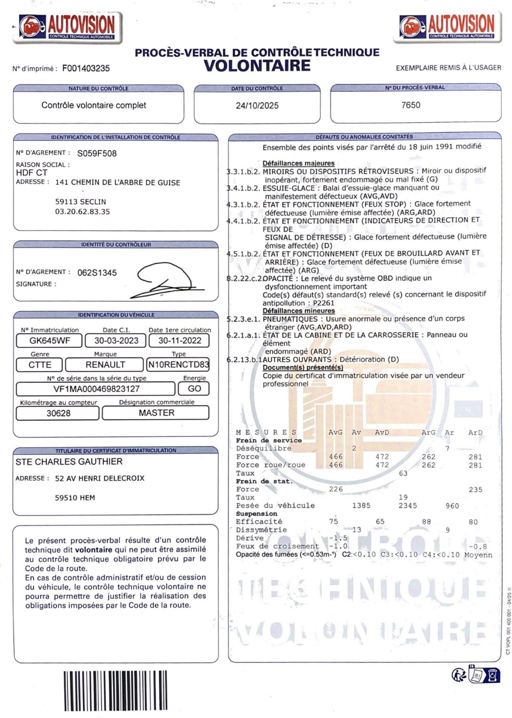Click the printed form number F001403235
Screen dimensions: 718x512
pyautogui.click(x=86, y=68)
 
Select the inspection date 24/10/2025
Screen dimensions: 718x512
pyautogui.click(x=257, y=106)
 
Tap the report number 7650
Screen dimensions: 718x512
pyautogui.click(x=411, y=105)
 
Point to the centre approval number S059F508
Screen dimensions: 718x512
pyautogui.click(x=97, y=153)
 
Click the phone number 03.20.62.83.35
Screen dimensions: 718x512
pyautogui.click(x=83, y=211)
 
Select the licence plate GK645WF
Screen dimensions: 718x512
pyautogui.click(x=50, y=340)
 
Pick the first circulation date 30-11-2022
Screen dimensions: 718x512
pyautogui.click(x=180, y=340)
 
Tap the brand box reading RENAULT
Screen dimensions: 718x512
pyautogui.click(x=105, y=365)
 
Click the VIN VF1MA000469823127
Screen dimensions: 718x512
pyautogui.click(x=96, y=389)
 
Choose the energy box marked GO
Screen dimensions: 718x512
pyautogui.click(x=194, y=389)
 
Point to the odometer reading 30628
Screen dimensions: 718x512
pyautogui.click(x=58, y=413)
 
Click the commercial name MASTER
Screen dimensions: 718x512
pyautogui.click(x=156, y=413)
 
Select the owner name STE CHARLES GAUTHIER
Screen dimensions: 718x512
pyautogui.click(x=69, y=461)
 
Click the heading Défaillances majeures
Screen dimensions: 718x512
pyautogui.click(x=298, y=163)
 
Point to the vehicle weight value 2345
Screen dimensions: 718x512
pyautogui.click(x=408, y=506)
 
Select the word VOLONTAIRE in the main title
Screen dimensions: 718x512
pyautogui.click(x=257, y=65)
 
